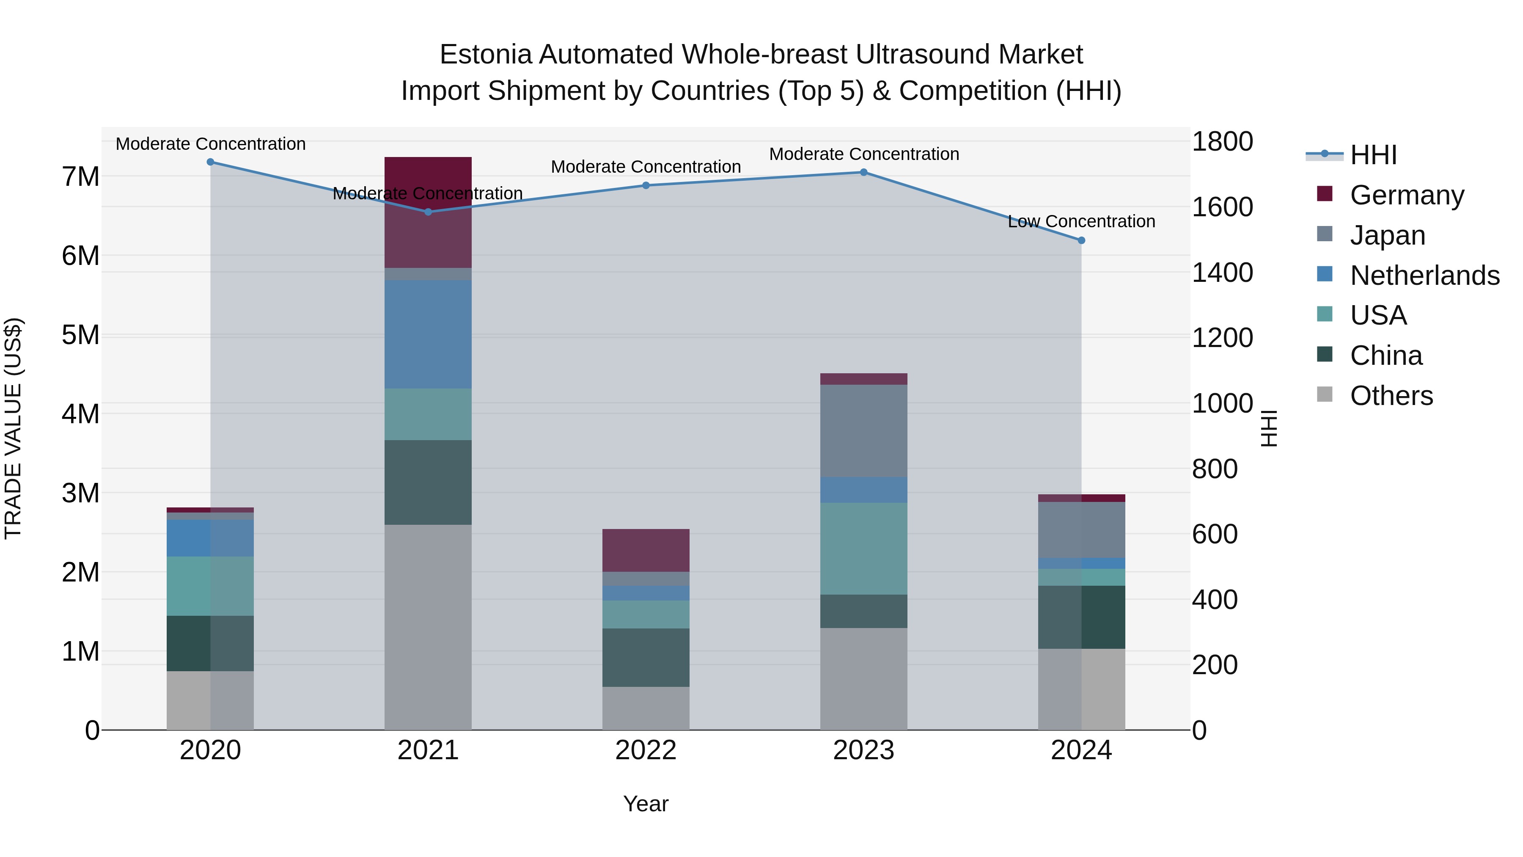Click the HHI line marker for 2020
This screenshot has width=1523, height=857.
[x=211, y=162]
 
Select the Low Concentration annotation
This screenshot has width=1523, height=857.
[x=1081, y=222]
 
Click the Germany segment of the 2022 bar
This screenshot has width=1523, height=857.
[x=646, y=550]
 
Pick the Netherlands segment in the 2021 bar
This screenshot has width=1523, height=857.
[x=428, y=334]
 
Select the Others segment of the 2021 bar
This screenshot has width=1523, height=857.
[x=428, y=627]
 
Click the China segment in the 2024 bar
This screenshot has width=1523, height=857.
[x=1081, y=617]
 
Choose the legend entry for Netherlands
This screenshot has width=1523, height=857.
[x=1424, y=276]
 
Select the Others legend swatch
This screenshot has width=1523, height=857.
[x=1325, y=394]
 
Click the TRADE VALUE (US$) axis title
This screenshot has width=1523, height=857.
[x=14, y=428]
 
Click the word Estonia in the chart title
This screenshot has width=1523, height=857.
[x=486, y=55]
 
